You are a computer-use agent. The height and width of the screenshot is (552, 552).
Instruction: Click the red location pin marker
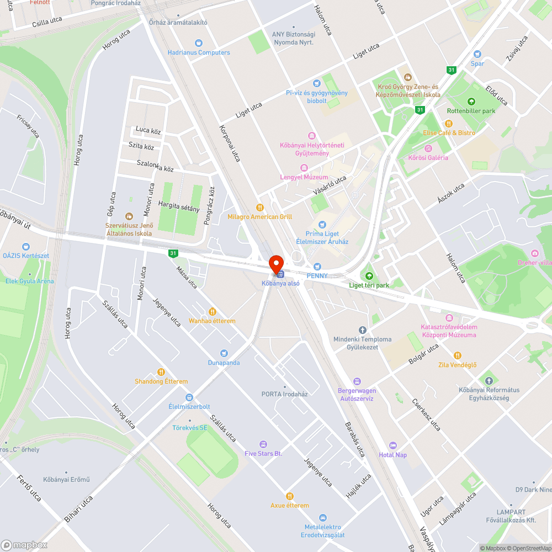(x=275, y=263)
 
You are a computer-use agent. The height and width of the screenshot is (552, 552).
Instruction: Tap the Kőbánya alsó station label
(x=280, y=283)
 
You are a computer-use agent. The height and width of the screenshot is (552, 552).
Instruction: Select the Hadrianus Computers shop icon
(x=199, y=43)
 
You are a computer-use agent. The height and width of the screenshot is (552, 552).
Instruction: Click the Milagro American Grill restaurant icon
(x=259, y=208)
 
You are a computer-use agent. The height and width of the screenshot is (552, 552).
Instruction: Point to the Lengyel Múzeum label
(x=304, y=177)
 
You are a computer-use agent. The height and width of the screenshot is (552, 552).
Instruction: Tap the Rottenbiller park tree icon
(x=471, y=102)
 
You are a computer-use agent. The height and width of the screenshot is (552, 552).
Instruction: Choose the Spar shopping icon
(x=477, y=54)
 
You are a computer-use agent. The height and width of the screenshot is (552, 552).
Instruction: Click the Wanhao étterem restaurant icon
(x=212, y=311)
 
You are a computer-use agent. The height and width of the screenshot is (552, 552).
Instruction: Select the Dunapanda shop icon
(x=224, y=353)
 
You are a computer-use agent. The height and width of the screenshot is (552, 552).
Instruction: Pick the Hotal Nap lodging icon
(x=392, y=445)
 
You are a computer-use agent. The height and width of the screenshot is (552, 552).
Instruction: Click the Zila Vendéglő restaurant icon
(x=457, y=355)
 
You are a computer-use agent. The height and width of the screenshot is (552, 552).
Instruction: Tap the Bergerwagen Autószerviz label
(x=356, y=394)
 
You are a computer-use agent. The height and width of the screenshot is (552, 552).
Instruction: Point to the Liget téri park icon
(x=369, y=275)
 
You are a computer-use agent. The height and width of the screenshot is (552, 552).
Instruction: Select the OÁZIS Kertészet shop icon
(x=26, y=247)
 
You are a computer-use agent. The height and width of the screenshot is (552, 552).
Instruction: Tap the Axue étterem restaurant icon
(x=289, y=496)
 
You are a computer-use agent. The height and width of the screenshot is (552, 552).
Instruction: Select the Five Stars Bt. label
(x=263, y=453)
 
